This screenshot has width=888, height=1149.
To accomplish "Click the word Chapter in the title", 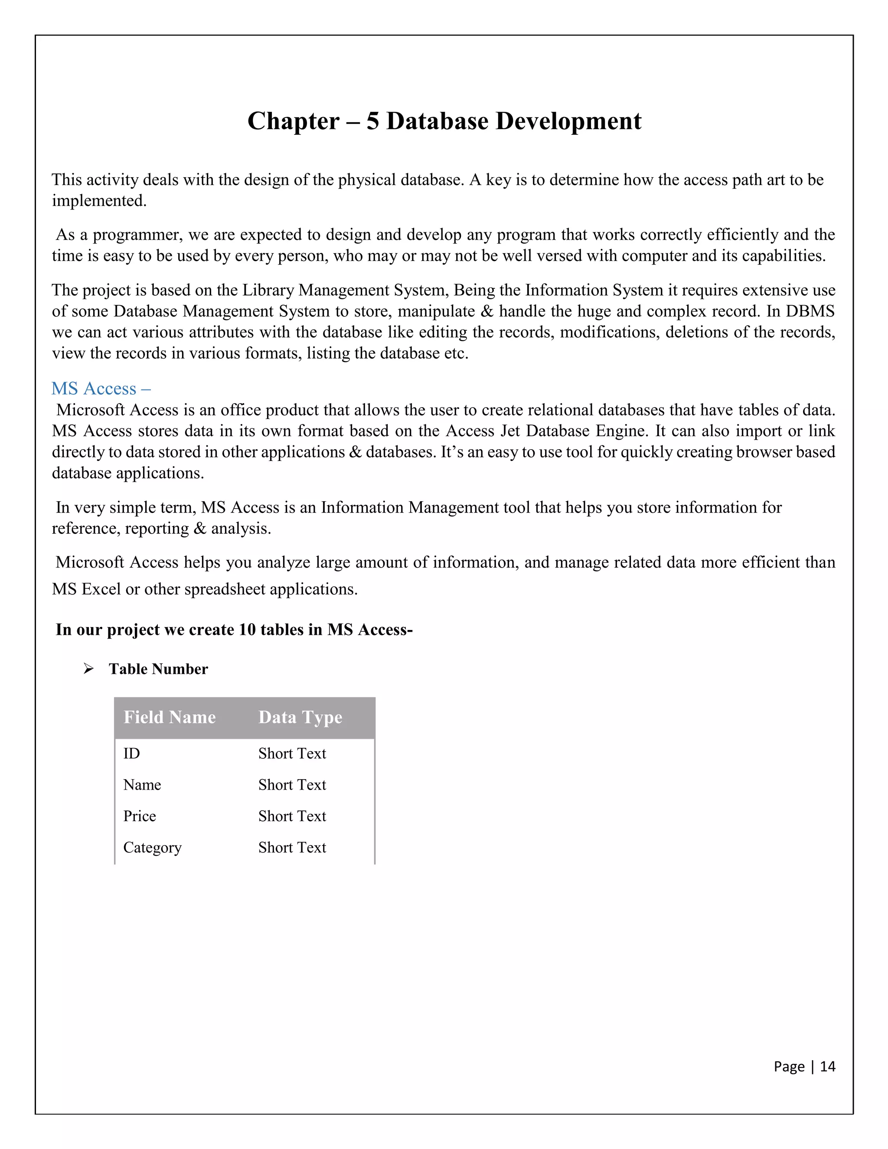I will pyautogui.click(x=293, y=121).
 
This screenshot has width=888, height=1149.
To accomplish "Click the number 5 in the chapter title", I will pyautogui.click(x=372, y=121).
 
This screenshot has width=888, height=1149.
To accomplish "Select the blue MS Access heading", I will pyautogui.click(x=101, y=389).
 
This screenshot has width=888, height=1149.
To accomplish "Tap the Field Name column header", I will pyautogui.click(x=170, y=718).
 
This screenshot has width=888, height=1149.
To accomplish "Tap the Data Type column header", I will pyautogui.click(x=300, y=718).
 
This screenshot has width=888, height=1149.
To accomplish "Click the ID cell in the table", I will pyautogui.click(x=131, y=754).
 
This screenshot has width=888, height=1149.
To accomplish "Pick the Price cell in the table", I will pyautogui.click(x=140, y=816).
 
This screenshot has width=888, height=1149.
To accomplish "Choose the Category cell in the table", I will pyautogui.click(x=152, y=848).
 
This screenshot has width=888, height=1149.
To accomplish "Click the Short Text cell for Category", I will pyautogui.click(x=292, y=848).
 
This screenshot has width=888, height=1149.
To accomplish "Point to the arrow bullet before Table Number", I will pyautogui.click(x=88, y=669).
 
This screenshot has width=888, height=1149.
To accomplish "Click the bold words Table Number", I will pyautogui.click(x=158, y=669).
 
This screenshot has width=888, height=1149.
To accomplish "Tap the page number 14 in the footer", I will pyautogui.click(x=827, y=1067).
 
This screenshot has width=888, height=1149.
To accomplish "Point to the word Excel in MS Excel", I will pyautogui.click(x=101, y=589).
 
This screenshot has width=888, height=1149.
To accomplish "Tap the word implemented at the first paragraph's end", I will pyautogui.click(x=98, y=201).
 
